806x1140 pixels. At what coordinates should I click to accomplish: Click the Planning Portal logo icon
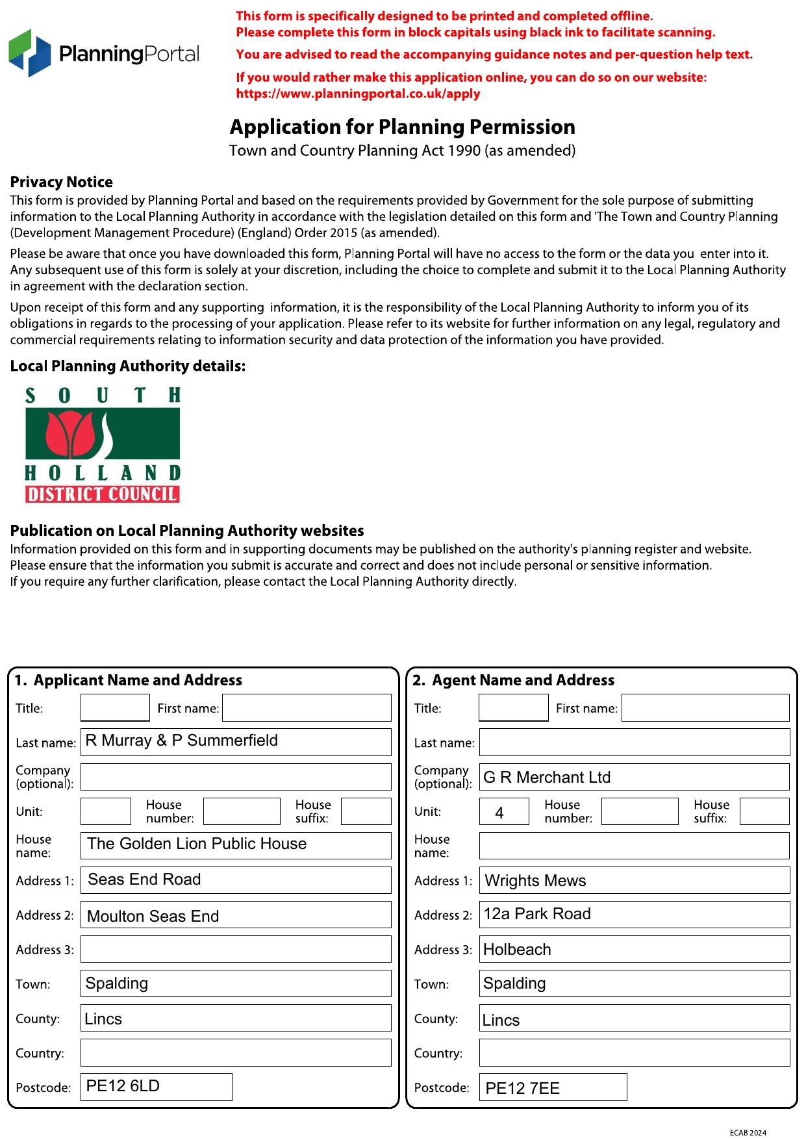(30, 53)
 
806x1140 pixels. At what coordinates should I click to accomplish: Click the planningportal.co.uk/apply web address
(358, 94)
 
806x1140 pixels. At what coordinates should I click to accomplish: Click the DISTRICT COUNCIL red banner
(103, 494)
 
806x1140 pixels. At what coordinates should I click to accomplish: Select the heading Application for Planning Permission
(402, 127)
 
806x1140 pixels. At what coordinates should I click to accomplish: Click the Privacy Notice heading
(61, 182)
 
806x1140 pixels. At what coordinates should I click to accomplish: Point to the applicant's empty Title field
(115, 707)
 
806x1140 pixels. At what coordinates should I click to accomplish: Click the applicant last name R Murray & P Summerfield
(182, 741)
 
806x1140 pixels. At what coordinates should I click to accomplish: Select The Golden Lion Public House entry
(197, 844)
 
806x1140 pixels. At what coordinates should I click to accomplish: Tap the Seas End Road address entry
(144, 880)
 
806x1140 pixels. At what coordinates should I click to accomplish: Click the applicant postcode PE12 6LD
(123, 1086)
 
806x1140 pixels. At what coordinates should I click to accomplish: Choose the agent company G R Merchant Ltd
(547, 778)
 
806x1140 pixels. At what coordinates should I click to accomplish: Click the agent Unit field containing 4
(503, 812)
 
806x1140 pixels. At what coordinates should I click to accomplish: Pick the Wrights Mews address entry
(535, 881)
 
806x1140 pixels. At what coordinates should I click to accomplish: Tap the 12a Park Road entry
(537, 914)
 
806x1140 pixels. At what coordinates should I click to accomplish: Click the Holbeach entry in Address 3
(517, 950)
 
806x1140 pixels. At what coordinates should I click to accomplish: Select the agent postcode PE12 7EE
(522, 1089)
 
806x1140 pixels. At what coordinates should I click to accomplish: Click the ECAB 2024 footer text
(748, 1133)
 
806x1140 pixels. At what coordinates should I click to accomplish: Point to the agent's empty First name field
(705, 707)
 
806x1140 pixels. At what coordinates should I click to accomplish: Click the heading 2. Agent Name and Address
(513, 680)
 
